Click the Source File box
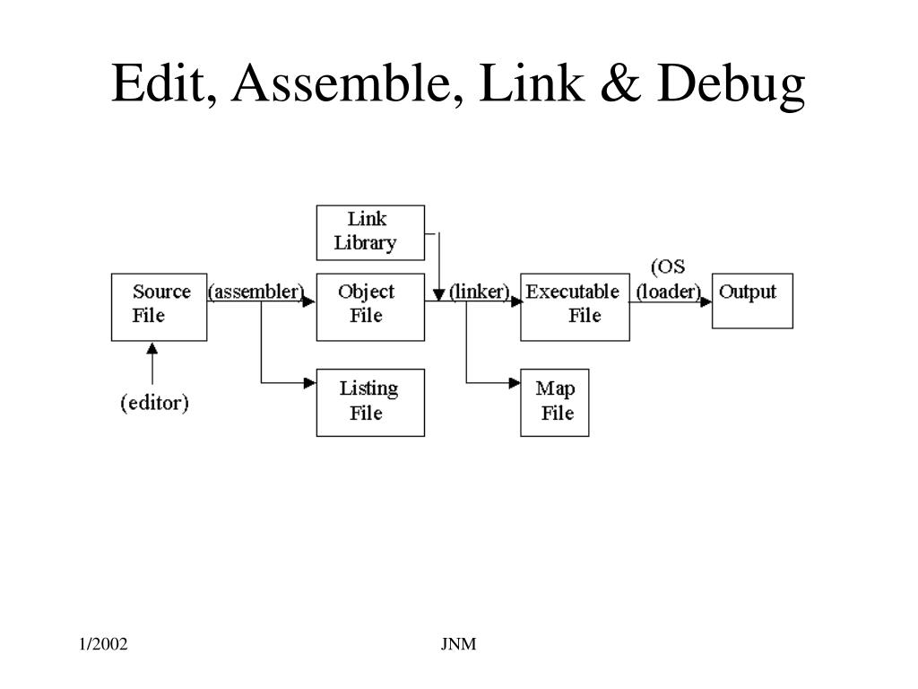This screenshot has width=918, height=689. point(159,307)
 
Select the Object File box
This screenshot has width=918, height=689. point(370,307)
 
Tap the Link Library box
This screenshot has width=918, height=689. point(370,232)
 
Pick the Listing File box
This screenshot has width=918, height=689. point(370,403)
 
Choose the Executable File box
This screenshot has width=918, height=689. point(574,307)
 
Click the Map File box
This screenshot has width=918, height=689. point(554,403)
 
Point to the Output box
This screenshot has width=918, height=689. point(752,301)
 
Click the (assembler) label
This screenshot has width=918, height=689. point(256,292)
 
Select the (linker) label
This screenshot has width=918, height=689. point(480,292)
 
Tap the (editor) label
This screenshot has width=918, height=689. point(155,404)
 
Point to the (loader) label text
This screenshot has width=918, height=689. point(668,292)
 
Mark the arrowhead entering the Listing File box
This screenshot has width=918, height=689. point(310,383)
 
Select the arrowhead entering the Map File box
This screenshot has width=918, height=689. point(514,383)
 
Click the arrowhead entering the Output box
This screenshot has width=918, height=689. point(706,302)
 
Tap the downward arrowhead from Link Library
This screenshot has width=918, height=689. point(438,294)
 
